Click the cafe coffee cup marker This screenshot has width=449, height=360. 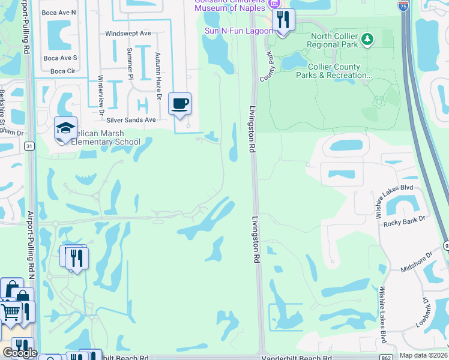point(179,104)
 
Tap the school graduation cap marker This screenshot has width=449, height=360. point(65,128)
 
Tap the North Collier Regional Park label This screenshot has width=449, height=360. point(334,40)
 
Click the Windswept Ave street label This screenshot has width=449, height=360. point(128,34)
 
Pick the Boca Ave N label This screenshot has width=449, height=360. point(59,12)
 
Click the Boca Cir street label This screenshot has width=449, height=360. point(62,71)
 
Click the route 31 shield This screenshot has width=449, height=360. point(30,146)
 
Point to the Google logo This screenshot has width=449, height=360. point(19,353)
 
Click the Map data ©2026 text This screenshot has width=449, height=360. point(423,355)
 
